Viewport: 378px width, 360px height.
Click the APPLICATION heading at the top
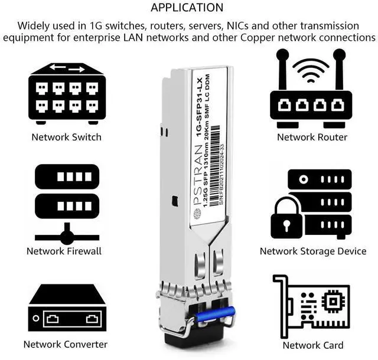point(187,8)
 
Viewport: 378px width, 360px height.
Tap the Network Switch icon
point(67,94)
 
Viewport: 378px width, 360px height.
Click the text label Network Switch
point(67,137)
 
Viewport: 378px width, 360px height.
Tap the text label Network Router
point(312,137)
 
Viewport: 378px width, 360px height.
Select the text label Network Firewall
point(64,251)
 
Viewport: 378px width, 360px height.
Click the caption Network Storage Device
point(313,251)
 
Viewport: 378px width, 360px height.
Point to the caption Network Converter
point(66,344)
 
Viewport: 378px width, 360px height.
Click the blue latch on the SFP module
point(216,314)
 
